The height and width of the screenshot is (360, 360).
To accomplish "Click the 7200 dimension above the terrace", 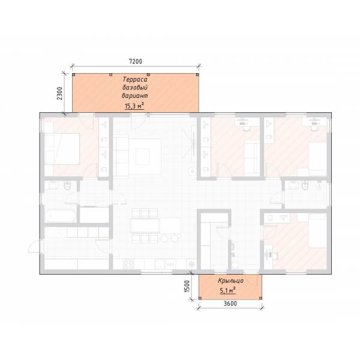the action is click(136, 61).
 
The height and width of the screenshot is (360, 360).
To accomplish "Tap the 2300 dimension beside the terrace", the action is click(59, 93).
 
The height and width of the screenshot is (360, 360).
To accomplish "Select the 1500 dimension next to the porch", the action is click(187, 286).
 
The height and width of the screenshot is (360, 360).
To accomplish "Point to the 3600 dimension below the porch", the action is click(230, 304).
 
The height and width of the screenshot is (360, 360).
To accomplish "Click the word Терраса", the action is click(135, 79).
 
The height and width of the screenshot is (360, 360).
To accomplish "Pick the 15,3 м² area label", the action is click(134, 106).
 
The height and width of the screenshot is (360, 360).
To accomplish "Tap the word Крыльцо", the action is click(231, 281).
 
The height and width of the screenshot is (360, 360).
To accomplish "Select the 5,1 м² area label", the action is click(228, 290).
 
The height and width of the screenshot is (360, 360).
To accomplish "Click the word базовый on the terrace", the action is click(135, 88).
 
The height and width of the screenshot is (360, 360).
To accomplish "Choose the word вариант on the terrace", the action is click(135, 95).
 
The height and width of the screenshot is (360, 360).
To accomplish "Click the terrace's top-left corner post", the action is click(74, 74).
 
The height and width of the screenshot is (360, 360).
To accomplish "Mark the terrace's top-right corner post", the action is click(197, 74).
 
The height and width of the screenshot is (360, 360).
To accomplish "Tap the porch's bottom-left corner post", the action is click(200, 298).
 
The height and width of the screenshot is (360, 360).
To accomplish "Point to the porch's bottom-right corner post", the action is click(260, 298).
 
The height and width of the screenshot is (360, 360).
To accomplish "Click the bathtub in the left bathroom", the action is click(60, 215).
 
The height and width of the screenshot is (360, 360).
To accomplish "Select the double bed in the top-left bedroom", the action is click(62, 149).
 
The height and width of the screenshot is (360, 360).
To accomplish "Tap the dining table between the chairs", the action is click(145, 225).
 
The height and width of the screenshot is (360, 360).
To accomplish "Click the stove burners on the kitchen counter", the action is click(128, 264).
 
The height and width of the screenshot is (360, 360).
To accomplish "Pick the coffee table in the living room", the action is click(142, 157).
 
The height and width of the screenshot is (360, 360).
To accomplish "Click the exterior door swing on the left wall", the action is click(34, 247).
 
